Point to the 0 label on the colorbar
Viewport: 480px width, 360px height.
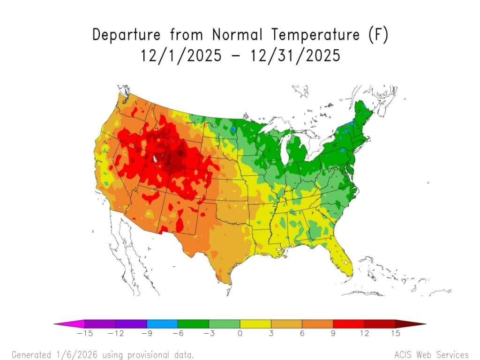(x=240, y=333)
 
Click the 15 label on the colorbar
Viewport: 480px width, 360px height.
(x=395, y=333)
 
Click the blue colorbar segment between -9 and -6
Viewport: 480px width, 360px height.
(x=162, y=323)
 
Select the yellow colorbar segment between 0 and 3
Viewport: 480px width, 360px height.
(x=255, y=323)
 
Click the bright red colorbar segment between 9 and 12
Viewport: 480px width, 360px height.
(x=349, y=323)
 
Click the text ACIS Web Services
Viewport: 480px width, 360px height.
(x=432, y=354)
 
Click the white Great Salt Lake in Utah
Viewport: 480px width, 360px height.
(x=154, y=159)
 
